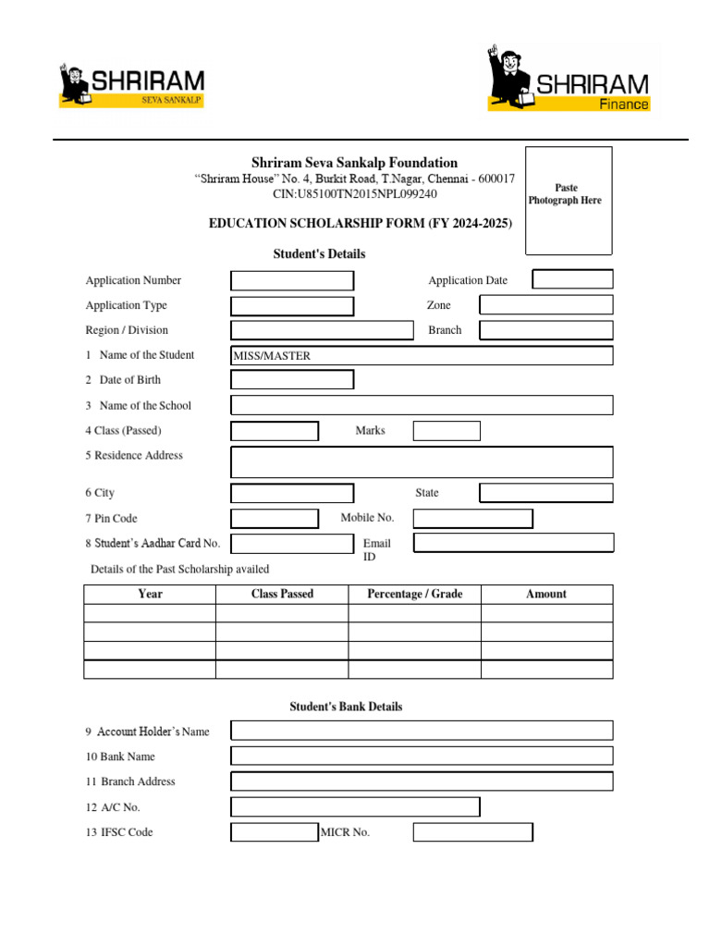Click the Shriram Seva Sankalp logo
point(132,85)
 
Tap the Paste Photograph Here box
point(569,200)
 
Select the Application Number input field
point(292,280)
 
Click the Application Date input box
point(572,279)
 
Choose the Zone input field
point(545,305)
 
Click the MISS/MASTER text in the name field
point(272,356)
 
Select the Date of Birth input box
point(292,379)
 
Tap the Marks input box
point(447,430)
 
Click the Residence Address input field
point(422,461)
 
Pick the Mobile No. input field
point(472,518)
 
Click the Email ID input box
point(513,543)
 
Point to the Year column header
point(150,594)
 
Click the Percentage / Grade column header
point(414,594)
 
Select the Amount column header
point(546,594)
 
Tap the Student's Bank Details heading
point(346,707)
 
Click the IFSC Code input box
point(275,832)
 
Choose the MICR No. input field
point(472,832)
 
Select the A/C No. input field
point(355,807)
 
